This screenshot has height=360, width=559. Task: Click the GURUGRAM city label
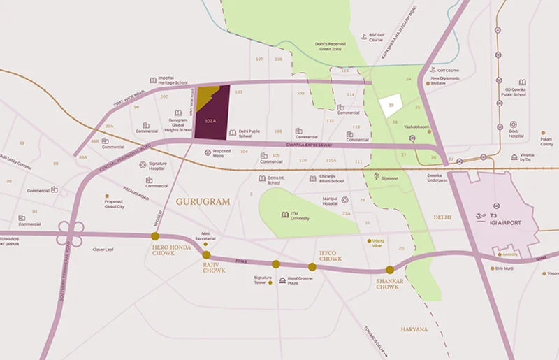pyautogui.click(x=203, y=201)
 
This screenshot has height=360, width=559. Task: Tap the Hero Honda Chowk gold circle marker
pyautogui.click(x=154, y=236)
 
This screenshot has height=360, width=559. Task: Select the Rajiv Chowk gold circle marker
pyautogui.click(x=206, y=255)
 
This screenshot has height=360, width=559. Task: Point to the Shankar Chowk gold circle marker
pyautogui.click(x=390, y=270)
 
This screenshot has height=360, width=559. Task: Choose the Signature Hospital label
pyautogui.click(x=161, y=167)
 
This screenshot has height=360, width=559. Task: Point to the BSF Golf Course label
pyautogui.click(x=376, y=37)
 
